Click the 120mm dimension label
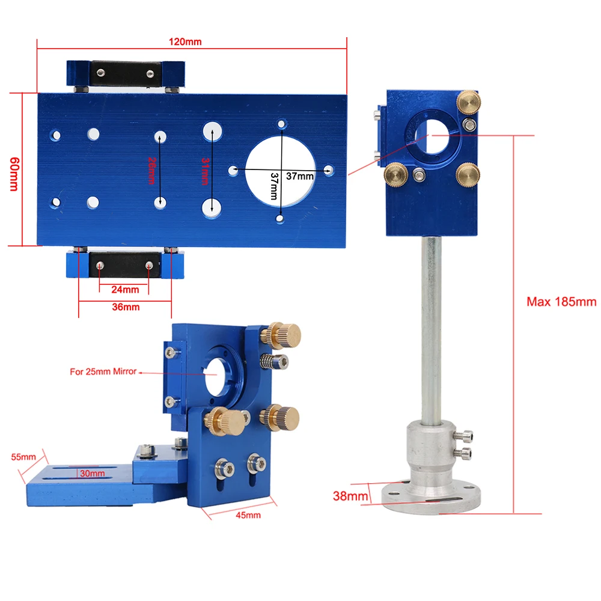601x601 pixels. (x=185, y=42)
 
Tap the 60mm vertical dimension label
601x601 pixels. (x=14, y=174)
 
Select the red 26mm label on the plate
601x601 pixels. (x=152, y=171)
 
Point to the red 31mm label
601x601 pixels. (x=206, y=171)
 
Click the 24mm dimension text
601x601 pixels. (x=126, y=290)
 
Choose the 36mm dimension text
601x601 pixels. (x=126, y=307)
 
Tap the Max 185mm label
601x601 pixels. (x=561, y=302)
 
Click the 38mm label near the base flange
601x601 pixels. (x=350, y=496)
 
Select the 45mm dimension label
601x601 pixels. (x=248, y=515)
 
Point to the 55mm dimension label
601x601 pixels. (x=23, y=457)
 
